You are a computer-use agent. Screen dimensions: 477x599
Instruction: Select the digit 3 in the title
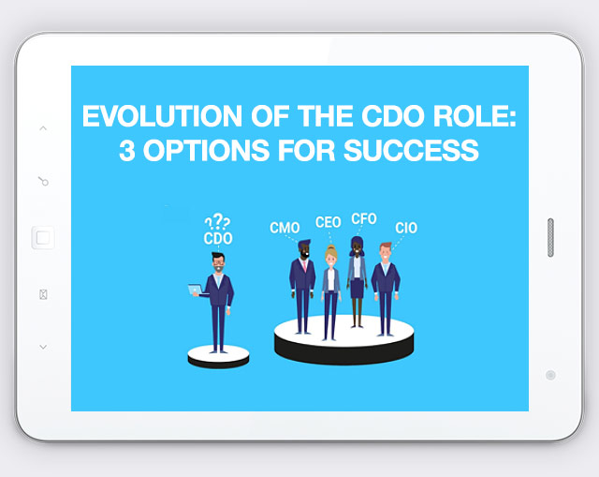(x=127, y=151)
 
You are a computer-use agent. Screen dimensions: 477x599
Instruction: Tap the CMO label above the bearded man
(x=284, y=229)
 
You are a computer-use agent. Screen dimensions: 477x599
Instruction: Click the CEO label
(x=328, y=223)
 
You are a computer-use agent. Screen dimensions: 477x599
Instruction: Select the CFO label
(x=363, y=219)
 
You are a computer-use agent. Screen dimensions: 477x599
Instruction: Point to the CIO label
(x=406, y=229)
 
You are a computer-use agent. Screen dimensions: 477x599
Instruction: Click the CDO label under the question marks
(x=217, y=239)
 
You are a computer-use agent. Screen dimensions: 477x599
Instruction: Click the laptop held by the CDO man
(x=197, y=290)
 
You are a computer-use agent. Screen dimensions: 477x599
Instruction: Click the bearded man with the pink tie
(x=301, y=286)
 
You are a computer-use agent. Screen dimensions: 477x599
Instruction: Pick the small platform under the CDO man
(x=218, y=356)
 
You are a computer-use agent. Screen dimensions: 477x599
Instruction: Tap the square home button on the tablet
(x=43, y=238)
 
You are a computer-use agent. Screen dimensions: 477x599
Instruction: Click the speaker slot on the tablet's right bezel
(x=549, y=238)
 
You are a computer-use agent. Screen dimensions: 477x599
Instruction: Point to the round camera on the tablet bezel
(x=549, y=375)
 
